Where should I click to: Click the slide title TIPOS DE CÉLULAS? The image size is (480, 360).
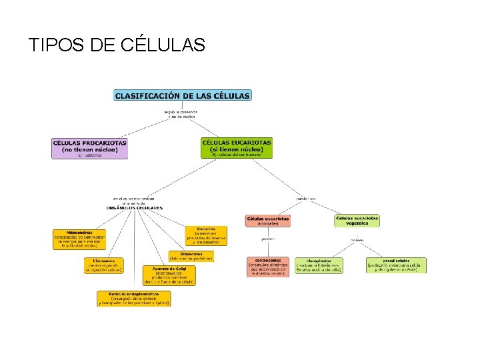(117, 45)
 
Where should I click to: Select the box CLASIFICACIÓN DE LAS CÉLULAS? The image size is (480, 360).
(183, 95)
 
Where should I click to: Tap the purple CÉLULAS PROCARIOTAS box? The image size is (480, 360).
(89, 148)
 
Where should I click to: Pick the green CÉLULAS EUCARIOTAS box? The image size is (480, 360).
(237, 147)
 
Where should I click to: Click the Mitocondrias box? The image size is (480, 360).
(79, 239)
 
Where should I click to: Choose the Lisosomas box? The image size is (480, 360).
(103, 265)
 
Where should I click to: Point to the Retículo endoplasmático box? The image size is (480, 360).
(133, 298)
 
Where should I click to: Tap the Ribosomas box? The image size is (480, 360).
(191, 256)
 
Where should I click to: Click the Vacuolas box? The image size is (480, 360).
(206, 236)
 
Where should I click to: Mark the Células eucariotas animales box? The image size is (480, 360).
(267, 221)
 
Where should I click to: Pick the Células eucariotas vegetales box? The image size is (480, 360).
(357, 221)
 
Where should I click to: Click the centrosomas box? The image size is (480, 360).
(267, 266)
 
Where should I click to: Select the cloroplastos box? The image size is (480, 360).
(319, 265)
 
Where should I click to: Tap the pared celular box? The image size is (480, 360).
(395, 265)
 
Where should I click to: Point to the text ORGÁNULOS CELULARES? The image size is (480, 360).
(134, 208)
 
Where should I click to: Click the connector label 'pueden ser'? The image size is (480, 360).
(306, 198)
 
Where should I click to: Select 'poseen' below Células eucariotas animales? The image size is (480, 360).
(267, 239)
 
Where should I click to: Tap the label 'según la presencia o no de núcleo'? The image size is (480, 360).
(181, 114)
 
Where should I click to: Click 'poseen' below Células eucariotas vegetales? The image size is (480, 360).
(357, 240)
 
